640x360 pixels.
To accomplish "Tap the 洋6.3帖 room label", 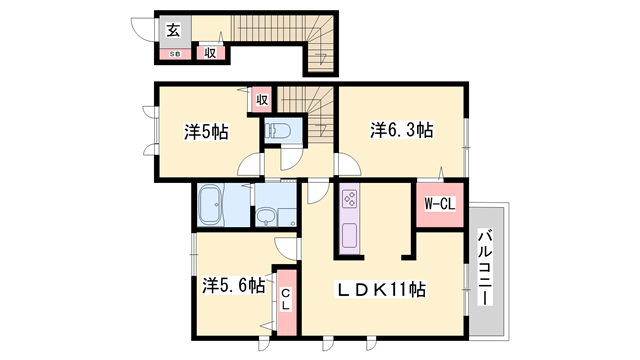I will point(402,130).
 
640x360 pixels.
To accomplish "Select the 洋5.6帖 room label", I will point(234,286).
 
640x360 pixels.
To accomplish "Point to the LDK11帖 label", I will point(380,290).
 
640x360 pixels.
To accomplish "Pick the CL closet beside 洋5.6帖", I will point(285,297).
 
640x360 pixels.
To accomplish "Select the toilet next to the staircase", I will point(278,131).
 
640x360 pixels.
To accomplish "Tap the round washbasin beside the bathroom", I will point(267,216).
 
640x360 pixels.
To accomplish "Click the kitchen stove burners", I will point(349,197).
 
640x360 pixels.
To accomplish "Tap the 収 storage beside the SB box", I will point(210,53).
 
